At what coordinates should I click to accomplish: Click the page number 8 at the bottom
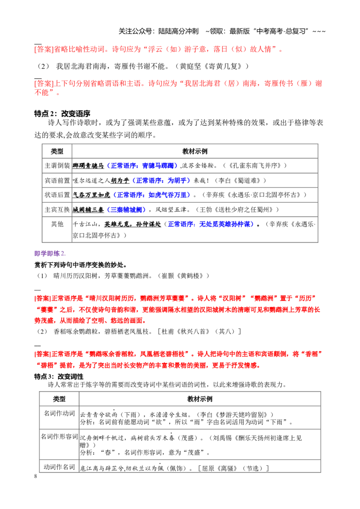pyautogui.click(x=36, y=476)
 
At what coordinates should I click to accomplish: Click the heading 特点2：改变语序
pyautogui.click(x=62, y=114)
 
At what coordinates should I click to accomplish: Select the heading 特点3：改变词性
pyautogui.click(x=59, y=376)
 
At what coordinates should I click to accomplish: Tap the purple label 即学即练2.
pyautogui.click(x=49, y=254)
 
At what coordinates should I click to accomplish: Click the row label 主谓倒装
pyautogui.click(x=57, y=165)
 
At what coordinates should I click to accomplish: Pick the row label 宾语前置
pyautogui.click(x=57, y=180)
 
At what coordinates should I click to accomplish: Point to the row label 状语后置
pyautogui.click(x=57, y=195)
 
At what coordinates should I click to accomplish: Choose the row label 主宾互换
pyautogui.click(x=57, y=210)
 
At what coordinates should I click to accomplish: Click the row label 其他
pyautogui.click(x=57, y=224)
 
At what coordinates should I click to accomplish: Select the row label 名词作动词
pyautogui.click(x=59, y=413)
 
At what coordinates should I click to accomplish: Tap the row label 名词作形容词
pyautogui.click(x=59, y=437)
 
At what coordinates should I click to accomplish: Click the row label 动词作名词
pyautogui.click(x=59, y=467)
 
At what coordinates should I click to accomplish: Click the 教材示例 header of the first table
pyautogui.click(x=195, y=151)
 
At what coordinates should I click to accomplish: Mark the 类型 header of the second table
pyautogui.click(x=59, y=399)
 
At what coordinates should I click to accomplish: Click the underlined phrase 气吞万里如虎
pyautogui.click(x=91, y=195)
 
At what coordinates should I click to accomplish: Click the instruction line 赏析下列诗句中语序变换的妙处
pyautogui.click(x=81, y=265)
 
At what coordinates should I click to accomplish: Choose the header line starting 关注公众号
pyautogui.click(x=222, y=31)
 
